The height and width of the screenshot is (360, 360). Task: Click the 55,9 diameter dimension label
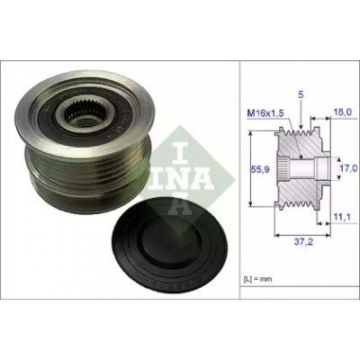point(260,169)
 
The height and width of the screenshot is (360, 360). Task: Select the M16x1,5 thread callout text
point(265,113)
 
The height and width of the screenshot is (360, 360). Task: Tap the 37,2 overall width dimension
point(303,242)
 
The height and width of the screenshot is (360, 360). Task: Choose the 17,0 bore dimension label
point(348,167)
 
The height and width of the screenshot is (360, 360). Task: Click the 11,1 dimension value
point(342,217)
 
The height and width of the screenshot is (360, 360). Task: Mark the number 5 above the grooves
point(301,94)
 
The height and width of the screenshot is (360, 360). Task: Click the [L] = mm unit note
point(257,279)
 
